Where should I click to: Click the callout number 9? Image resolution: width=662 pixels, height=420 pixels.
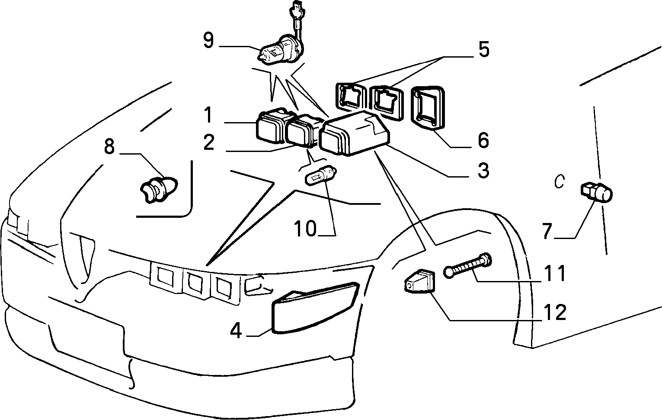click(x=208, y=40)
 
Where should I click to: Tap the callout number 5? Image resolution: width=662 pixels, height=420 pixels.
click(x=484, y=49)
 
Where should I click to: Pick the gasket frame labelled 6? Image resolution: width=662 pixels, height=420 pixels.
click(x=428, y=108)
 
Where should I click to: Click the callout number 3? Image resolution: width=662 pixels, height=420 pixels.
click(x=483, y=170)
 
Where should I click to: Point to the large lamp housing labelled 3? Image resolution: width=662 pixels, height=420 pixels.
click(x=355, y=134)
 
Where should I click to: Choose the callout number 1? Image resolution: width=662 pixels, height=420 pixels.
click(x=208, y=115)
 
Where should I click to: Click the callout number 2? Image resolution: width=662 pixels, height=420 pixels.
click(x=209, y=142)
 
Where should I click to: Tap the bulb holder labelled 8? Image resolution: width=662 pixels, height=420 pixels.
click(x=159, y=189)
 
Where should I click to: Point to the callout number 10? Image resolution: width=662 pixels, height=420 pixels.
click(x=305, y=228)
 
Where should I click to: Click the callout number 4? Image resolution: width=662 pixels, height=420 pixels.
click(x=236, y=331)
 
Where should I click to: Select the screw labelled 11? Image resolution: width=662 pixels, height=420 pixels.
click(x=467, y=265)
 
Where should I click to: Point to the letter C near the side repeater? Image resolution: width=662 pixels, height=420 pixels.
click(x=560, y=181)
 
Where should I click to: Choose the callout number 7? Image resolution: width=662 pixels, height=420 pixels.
click(x=547, y=231)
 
